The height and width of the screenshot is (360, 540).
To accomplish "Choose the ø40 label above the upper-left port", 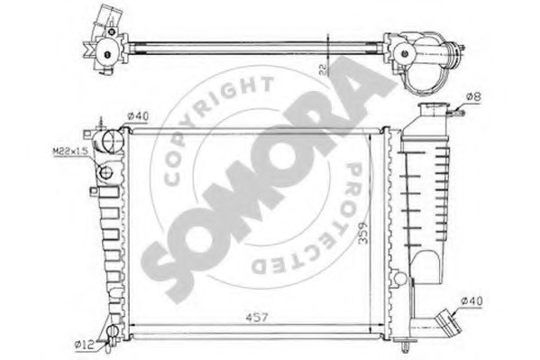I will [137, 115].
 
